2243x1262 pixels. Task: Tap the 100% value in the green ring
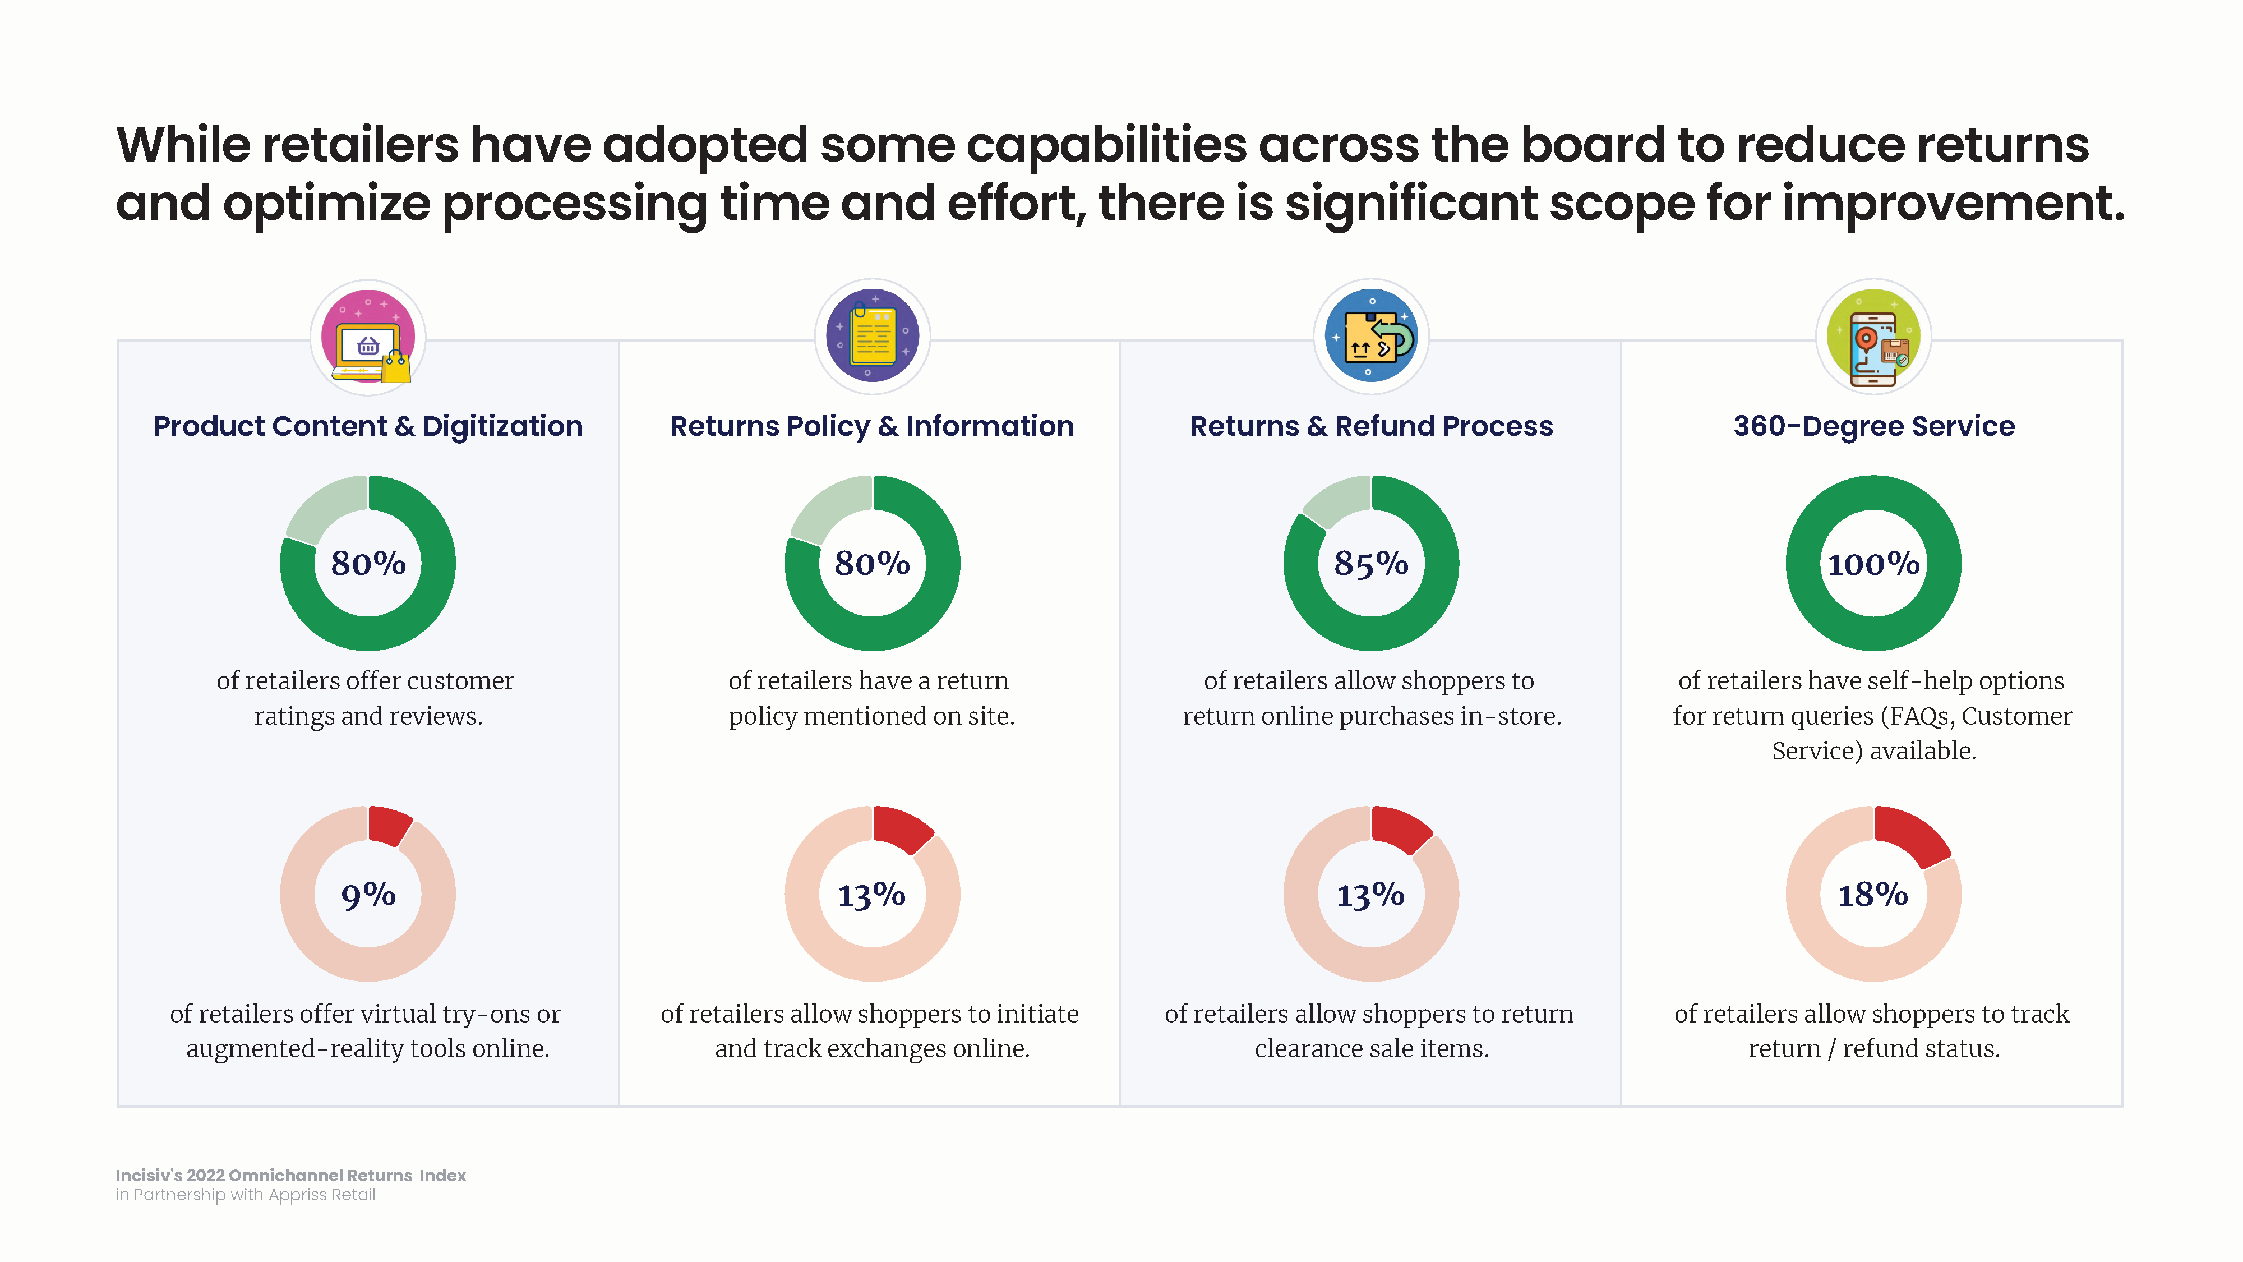pyautogui.click(x=1873, y=564)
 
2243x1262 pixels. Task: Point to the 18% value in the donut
pyautogui.click(x=1872, y=895)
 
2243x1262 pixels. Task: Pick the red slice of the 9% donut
pyautogui.click(x=389, y=824)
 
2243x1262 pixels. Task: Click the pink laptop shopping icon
pyautogui.click(x=368, y=337)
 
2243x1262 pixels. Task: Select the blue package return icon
pyautogui.click(x=1372, y=336)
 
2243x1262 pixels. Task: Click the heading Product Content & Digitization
pyautogui.click(x=368, y=426)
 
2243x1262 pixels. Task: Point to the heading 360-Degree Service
pyautogui.click(x=1874, y=426)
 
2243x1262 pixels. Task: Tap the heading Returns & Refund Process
pyautogui.click(x=1372, y=426)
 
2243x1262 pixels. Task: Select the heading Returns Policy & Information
pyautogui.click(x=871, y=426)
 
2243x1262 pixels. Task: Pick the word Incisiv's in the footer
pyautogui.click(x=149, y=1175)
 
